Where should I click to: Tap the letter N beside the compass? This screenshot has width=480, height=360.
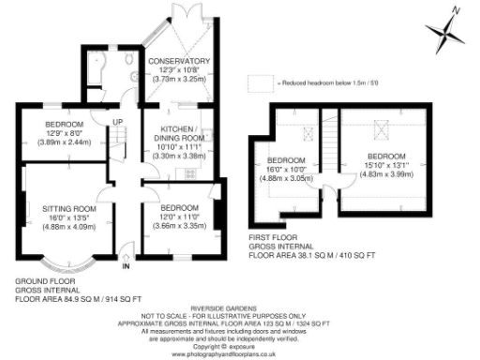pyautogui.click(x=455, y=9)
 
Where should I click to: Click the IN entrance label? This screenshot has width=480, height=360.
pyautogui.click(x=127, y=265)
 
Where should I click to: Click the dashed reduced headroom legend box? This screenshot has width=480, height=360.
pyautogui.click(x=261, y=83)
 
